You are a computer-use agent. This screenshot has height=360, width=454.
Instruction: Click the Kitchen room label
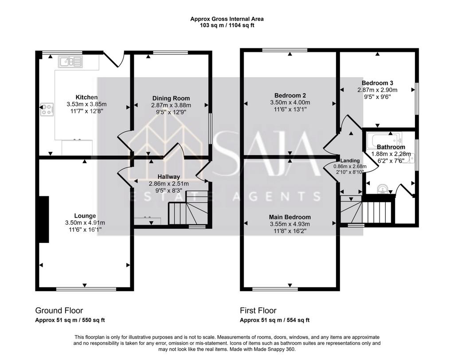[86, 97]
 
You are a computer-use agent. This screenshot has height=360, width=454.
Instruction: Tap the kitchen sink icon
[70, 62]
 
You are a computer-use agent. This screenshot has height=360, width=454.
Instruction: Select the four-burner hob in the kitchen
[47, 110]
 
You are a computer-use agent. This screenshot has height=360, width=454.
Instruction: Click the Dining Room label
[171, 98]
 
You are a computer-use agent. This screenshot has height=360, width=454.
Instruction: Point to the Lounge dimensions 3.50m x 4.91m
[85, 223]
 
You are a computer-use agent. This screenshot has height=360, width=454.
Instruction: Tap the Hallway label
[169, 176]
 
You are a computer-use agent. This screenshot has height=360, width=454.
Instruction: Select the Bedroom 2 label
[290, 96]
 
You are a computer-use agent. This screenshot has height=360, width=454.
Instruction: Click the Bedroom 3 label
[377, 83]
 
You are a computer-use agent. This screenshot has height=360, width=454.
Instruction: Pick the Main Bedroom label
[290, 217]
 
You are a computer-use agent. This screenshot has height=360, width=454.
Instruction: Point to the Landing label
[350, 161]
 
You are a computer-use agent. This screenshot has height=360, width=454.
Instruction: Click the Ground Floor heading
[59, 311]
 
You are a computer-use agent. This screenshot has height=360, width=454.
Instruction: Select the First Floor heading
[258, 311]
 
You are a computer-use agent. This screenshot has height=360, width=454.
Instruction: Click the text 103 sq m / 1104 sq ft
[227, 25]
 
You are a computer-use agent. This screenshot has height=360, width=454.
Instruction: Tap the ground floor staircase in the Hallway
[188, 207]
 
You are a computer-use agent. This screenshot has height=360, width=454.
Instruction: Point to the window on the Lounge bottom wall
[86, 289]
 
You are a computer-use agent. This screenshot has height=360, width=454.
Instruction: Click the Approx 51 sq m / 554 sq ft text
[275, 321]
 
